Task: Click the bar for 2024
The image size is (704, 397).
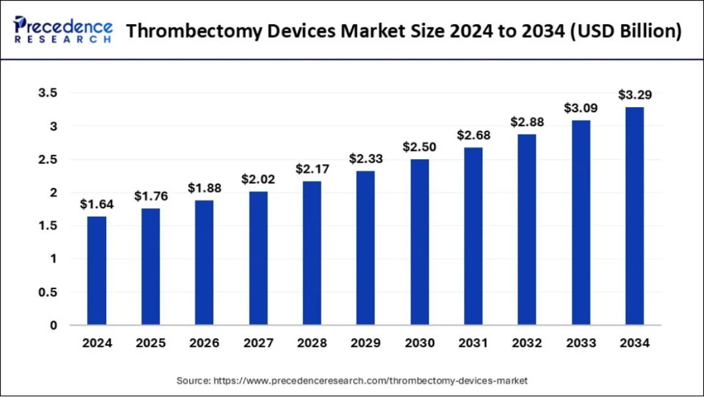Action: click(x=96, y=271)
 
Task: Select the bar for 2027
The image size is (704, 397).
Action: click(x=258, y=258)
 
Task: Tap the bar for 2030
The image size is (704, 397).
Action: click(x=419, y=242)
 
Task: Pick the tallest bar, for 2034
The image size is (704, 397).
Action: click(x=634, y=216)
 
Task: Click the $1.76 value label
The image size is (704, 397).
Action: click(x=151, y=196)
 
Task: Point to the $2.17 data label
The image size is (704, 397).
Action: click(x=312, y=169)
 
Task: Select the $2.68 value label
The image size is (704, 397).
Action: click(x=474, y=135)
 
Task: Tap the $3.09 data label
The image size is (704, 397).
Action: click(x=581, y=108)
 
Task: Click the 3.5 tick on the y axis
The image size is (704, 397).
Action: click(x=48, y=93)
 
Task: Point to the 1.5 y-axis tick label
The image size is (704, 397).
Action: click(x=48, y=226)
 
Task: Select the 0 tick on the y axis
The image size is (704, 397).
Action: click(x=53, y=326)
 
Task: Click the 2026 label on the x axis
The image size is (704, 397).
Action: click(x=204, y=343)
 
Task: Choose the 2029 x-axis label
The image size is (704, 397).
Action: click(x=366, y=343)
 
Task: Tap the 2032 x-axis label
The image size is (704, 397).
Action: click(x=527, y=343)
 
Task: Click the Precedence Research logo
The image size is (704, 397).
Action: click(x=63, y=29)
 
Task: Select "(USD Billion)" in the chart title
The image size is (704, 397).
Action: click(x=626, y=31)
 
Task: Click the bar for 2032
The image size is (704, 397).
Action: click(x=527, y=229)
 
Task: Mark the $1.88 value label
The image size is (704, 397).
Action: click(x=204, y=188)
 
